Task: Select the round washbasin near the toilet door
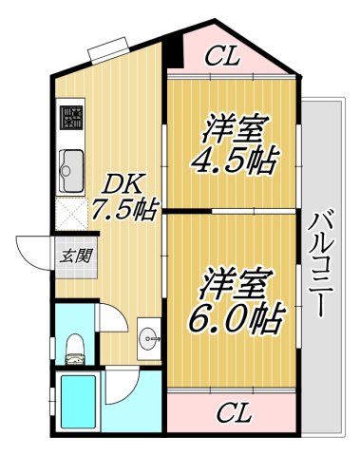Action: tap(149, 336)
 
